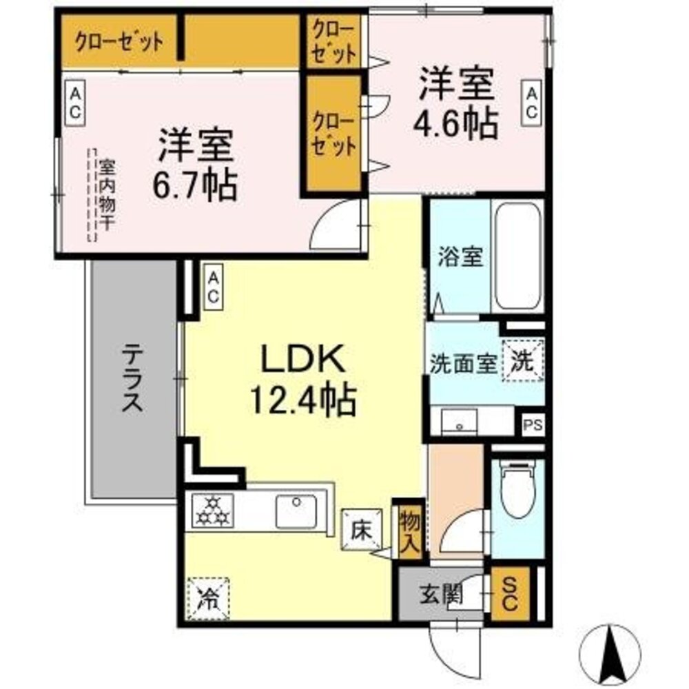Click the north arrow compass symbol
[611, 655]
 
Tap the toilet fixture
[518, 491]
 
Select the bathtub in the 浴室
[517, 256]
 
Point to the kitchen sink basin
[296, 511]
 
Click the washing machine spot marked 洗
[525, 360]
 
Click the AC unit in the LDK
[214, 288]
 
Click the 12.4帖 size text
[302, 398]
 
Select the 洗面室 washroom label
[463, 364]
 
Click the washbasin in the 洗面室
[460, 421]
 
